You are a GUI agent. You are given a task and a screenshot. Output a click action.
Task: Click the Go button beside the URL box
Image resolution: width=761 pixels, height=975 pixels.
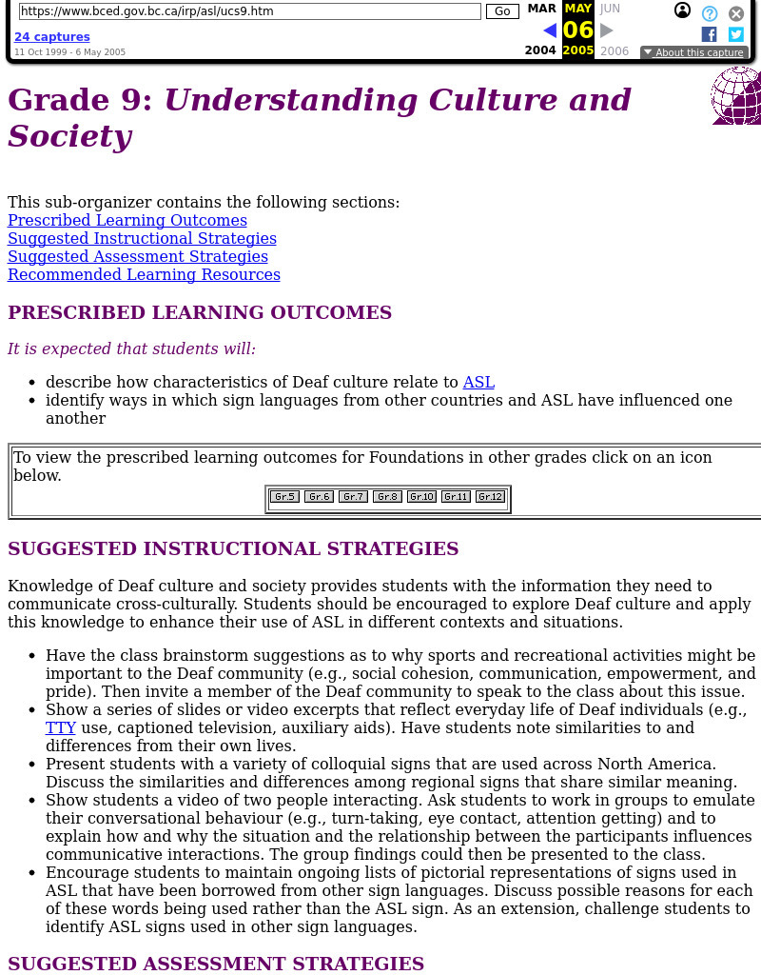[x=502, y=11]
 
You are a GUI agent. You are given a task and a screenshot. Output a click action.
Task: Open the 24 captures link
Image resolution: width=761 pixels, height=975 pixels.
[x=52, y=37]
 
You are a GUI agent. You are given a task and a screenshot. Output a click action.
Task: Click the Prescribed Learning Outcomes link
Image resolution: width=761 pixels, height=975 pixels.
[x=127, y=220]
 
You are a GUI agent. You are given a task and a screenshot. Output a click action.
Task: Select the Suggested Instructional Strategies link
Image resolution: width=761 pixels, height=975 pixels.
[x=142, y=238]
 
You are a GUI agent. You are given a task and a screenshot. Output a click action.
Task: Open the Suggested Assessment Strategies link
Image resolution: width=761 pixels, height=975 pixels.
[x=138, y=256]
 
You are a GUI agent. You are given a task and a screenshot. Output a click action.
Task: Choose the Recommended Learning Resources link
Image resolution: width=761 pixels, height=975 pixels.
[x=144, y=274]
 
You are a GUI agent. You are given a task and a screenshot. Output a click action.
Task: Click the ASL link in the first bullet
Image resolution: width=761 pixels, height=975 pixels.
[x=478, y=382]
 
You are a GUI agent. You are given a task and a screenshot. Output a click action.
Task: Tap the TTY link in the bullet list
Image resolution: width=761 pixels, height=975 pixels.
[x=61, y=727]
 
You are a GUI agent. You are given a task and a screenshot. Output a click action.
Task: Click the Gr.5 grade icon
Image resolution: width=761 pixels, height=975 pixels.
[x=284, y=496]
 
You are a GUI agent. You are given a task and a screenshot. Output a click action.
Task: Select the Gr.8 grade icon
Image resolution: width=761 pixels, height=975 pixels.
[x=387, y=496]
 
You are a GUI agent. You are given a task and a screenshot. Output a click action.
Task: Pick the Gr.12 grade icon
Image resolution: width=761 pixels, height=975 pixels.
[x=490, y=496]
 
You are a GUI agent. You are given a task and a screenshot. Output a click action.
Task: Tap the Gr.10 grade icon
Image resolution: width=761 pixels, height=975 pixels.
[x=421, y=496]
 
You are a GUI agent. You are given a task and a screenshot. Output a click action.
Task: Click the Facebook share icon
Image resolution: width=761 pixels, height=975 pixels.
[x=709, y=34]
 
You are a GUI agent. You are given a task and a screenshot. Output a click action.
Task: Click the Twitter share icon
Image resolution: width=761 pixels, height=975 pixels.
[x=735, y=34]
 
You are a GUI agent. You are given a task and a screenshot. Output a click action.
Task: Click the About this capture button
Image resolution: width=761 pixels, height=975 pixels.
[x=693, y=52]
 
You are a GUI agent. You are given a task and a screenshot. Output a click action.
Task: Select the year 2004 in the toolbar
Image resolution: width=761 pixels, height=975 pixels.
[x=540, y=50]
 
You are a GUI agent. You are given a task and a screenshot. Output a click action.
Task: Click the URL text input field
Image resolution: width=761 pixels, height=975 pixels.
[x=249, y=11]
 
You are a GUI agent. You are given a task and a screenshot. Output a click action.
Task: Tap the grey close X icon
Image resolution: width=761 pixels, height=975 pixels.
[x=736, y=13]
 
